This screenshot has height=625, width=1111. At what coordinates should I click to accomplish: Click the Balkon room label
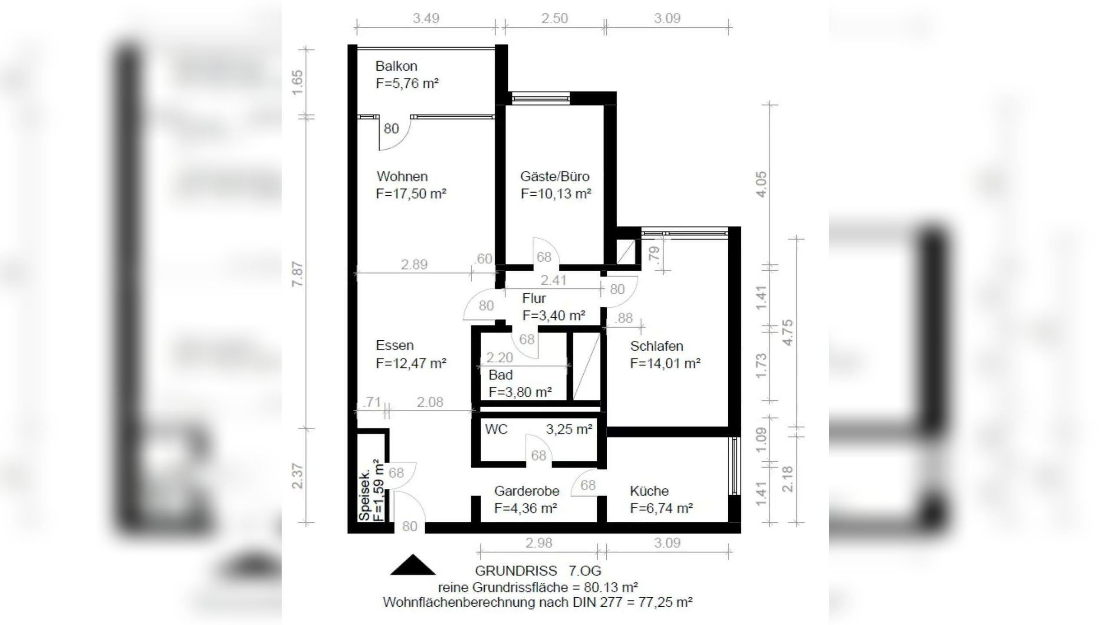click(x=396, y=66)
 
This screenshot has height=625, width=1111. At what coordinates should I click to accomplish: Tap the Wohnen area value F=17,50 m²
click(x=411, y=194)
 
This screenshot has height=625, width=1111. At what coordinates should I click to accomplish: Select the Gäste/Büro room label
click(x=555, y=177)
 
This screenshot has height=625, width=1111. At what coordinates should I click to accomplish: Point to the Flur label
click(x=534, y=298)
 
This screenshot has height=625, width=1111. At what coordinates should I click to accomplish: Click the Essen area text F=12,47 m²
click(x=411, y=363)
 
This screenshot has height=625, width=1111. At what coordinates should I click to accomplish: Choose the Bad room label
click(x=500, y=375)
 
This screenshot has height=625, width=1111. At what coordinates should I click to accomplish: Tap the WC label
click(x=496, y=429)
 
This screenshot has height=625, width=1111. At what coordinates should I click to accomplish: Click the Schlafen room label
click(x=657, y=346)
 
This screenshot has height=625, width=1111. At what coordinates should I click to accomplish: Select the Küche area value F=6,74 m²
click(x=661, y=508)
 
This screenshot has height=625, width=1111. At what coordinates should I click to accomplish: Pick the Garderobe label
click(x=526, y=491)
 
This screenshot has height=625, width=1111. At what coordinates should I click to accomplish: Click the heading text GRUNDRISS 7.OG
click(x=538, y=570)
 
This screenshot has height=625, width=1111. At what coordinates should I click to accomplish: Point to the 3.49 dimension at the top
click(x=426, y=18)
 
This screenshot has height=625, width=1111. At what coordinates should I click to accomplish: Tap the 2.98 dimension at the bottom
click(x=539, y=543)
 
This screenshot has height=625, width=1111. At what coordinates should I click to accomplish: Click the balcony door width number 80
click(x=391, y=128)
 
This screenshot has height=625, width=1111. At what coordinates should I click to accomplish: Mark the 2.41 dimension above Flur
click(x=553, y=280)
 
